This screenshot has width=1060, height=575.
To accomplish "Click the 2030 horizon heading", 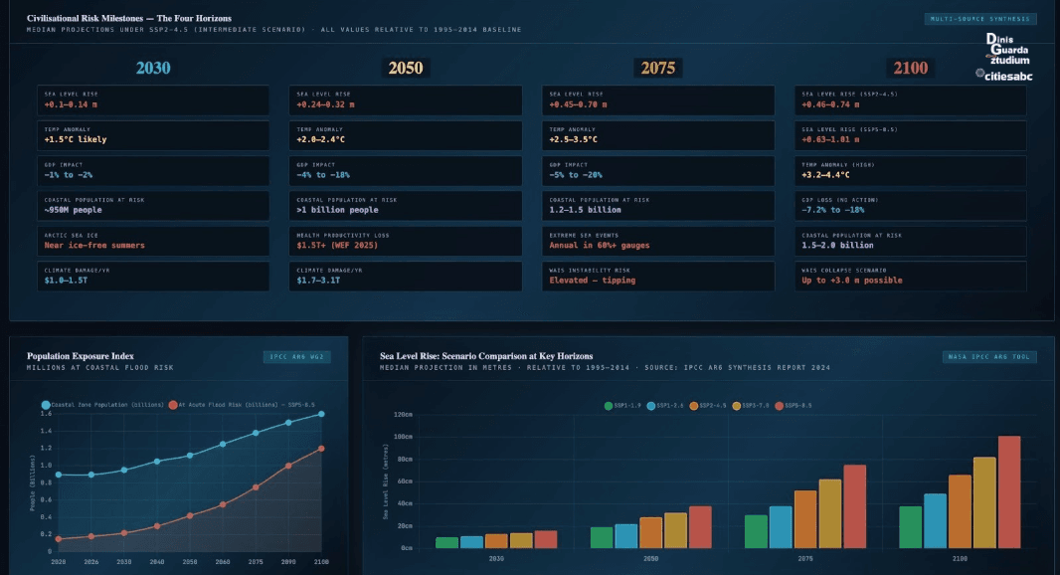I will (x=153, y=68).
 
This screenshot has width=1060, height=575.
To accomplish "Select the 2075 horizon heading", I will (x=657, y=68).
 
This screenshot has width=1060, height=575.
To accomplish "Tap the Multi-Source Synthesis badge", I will (x=980, y=19).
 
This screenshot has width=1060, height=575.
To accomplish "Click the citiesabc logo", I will (x=1006, y=74).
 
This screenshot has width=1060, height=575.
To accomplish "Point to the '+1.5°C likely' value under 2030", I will (x=76, y=139).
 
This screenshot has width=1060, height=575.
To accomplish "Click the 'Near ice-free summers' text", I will (x=94, y=245).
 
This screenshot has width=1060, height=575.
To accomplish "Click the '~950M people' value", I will (x=73, y=210).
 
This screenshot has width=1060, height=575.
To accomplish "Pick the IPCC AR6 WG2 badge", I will (x=295, y=356).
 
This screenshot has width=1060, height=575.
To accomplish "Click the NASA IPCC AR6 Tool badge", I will (x=989, y=356).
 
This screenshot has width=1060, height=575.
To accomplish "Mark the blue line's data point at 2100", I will (x=321, y=414).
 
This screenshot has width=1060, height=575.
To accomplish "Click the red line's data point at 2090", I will (x=288, y=466).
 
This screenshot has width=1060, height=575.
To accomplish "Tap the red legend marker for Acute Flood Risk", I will (x=173, y=405).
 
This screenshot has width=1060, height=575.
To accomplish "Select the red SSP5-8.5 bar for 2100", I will (x=1009, y=492).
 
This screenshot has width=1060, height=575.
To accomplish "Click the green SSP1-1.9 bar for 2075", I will (x=757, y=531).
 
